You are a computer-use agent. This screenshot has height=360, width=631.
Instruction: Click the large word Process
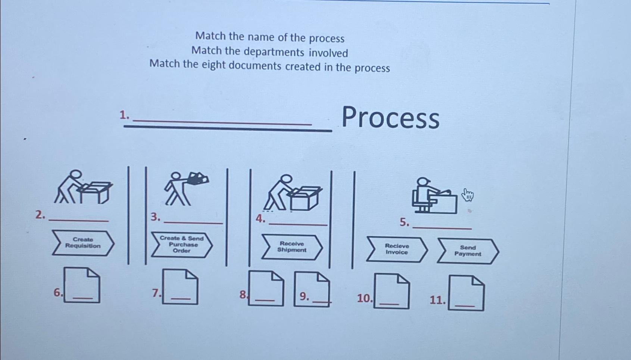[390, 118]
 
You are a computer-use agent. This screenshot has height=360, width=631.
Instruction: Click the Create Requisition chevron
[83, 243]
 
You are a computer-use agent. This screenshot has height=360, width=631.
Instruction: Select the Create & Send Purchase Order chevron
[182, 245]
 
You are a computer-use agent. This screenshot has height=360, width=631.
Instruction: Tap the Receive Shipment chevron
[292, 247]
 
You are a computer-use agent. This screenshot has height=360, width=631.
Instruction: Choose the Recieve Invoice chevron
[397, 249]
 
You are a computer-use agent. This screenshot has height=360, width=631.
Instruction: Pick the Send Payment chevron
[468, 251]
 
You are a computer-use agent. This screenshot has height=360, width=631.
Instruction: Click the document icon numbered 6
[82, 285]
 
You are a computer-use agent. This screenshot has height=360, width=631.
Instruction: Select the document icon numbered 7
[180, 287]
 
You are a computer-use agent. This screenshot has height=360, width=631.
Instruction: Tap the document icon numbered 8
[266, 288]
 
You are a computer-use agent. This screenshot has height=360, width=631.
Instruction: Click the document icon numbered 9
[312, 289]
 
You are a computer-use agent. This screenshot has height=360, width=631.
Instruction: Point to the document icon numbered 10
[392, 291]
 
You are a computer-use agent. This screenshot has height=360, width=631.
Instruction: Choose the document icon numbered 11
[466, 293]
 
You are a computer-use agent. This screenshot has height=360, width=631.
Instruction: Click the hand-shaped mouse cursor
[467, 195]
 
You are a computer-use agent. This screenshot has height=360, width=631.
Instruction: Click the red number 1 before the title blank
[124, 115]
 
